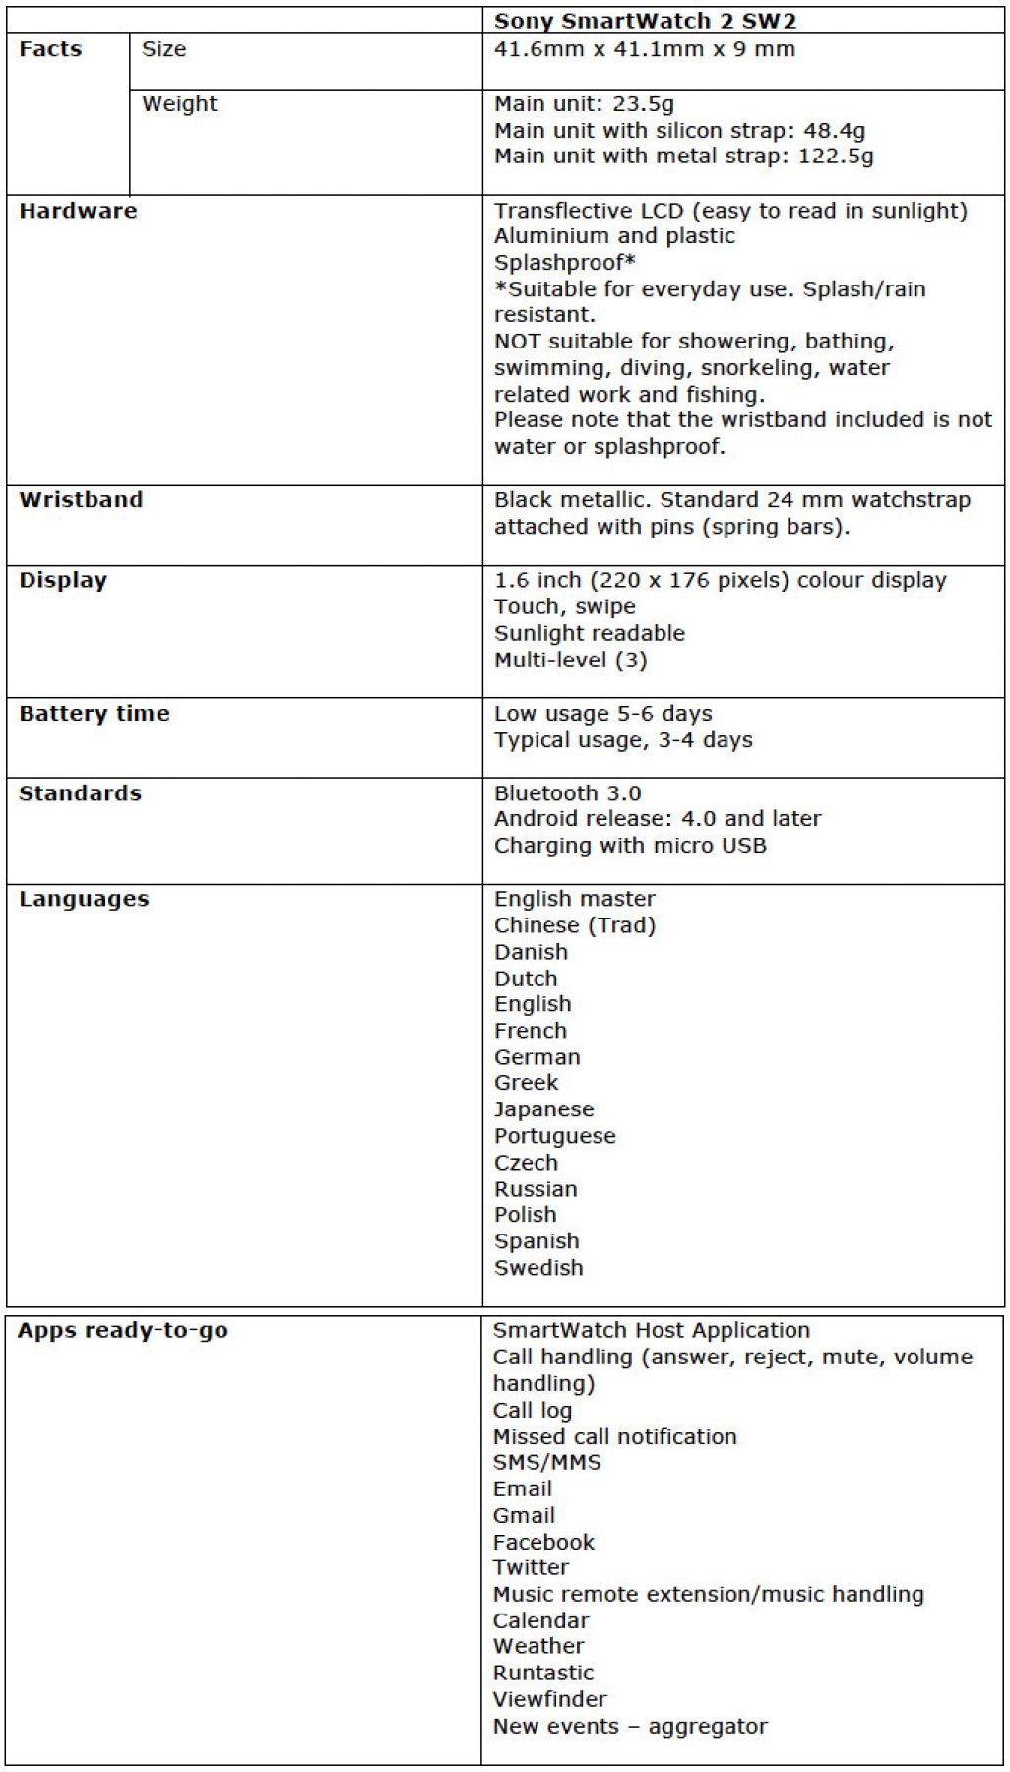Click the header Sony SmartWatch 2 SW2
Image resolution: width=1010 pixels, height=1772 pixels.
(x=645, y=21)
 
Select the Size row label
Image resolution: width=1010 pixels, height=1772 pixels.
(x=164, y=49)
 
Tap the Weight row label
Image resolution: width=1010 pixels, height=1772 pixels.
(x=179, y=103)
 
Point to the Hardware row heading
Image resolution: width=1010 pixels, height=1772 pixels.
(x=78, y=211)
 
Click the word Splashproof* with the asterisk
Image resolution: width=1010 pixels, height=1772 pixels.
(x=564, y=263)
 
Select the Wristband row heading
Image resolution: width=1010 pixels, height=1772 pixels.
(x=81, y=500)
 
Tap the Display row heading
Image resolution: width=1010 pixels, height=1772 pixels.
(x=63, y=580)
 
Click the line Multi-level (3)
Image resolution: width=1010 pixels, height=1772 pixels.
(x=570, y=660)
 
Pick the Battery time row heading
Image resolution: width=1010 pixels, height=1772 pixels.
(x=95, y=714)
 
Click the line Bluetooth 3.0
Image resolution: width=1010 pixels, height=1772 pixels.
(x=567, y=793)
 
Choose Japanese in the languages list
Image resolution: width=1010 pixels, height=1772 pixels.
(x=543, y=1109)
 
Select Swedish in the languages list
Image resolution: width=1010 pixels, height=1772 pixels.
(x=538, y=1268)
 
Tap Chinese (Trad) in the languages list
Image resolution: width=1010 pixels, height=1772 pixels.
(x=575, y=925)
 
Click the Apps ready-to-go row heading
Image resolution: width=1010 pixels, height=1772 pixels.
(x=123, y=1331)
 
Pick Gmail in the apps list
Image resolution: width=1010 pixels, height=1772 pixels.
(x=524, y=1516)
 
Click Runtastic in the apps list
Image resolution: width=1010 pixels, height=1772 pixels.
(x=543, y=1674)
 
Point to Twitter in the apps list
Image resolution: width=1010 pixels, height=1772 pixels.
(x=531, y=1567)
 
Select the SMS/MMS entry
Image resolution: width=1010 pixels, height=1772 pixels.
(x=546, y=1463)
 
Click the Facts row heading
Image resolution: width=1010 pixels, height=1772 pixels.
(x=50, y=49)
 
